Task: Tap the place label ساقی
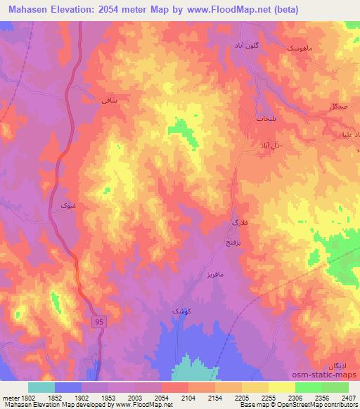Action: coord(108,102)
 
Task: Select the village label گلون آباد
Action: coord(245,45)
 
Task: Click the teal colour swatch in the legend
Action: coord(41,387)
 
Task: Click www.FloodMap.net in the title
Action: coord(222,10)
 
